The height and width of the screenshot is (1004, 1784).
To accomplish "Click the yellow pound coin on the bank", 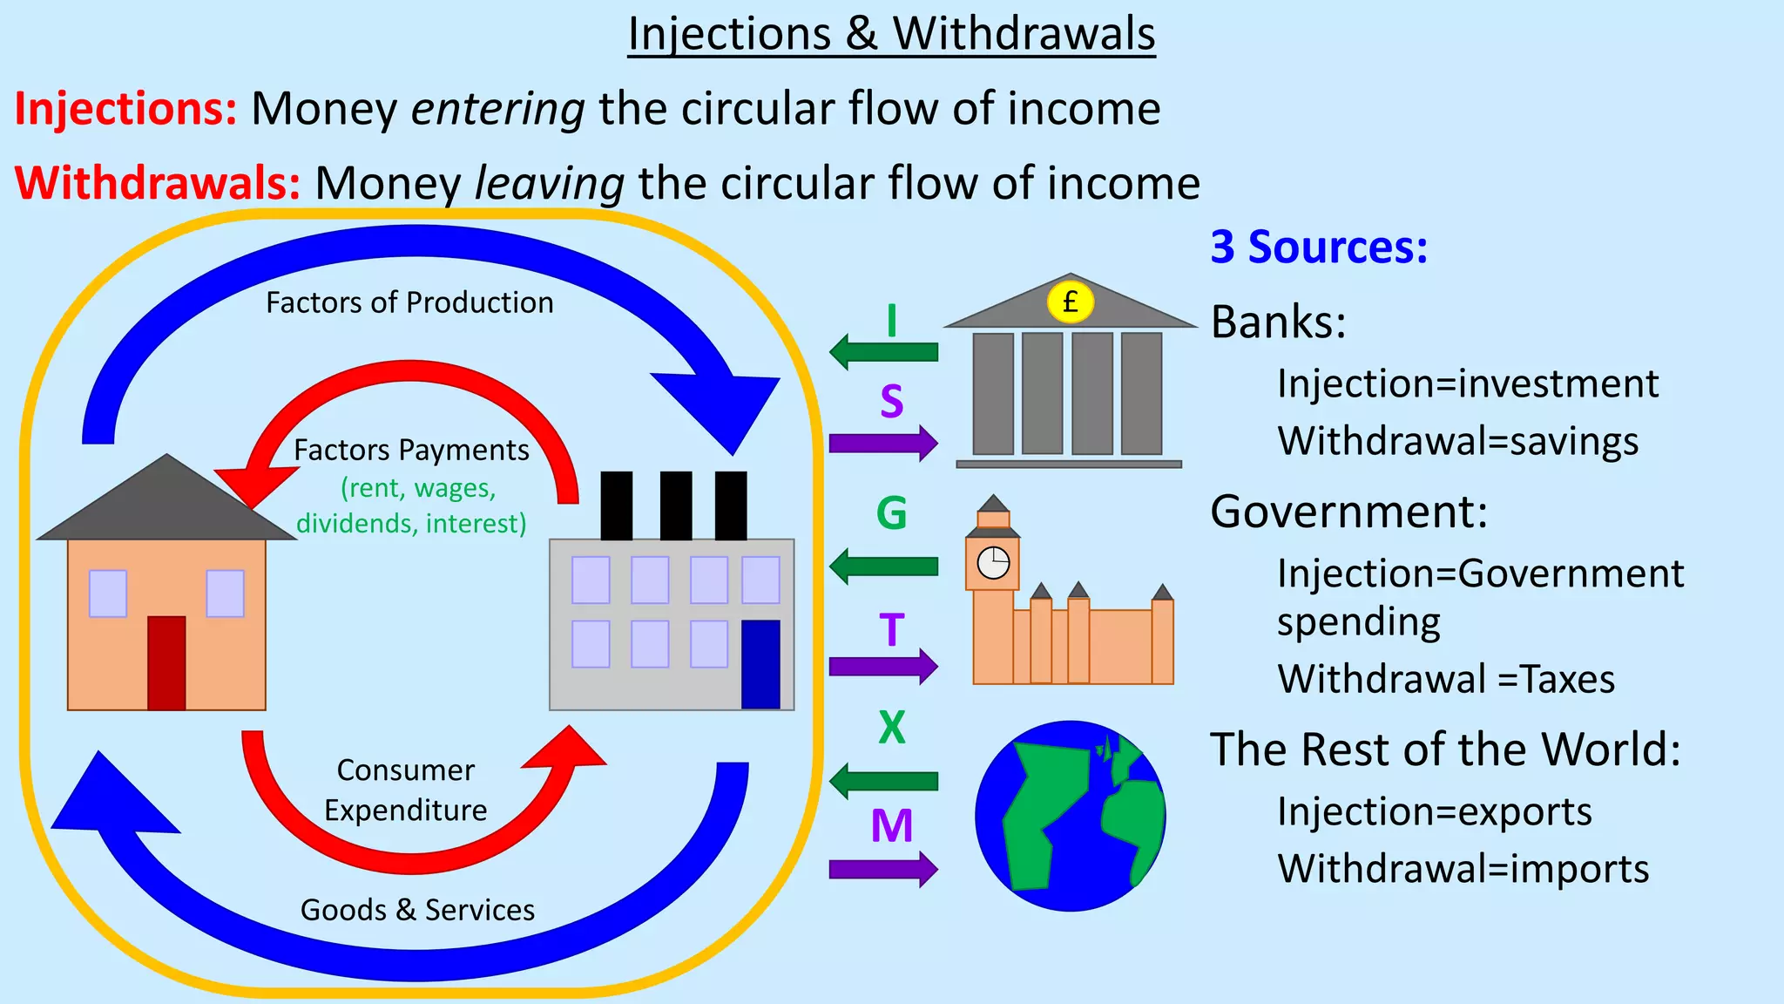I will [x=1071, y=302].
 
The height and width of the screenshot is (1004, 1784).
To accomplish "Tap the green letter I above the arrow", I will [x=891, y=322].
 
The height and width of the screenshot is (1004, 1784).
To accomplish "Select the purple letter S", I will [x=891, y=402].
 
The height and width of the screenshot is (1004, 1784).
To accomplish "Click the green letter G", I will [x=891, y=513].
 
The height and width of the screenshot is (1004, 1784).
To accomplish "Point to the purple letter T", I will [x=891, y=630].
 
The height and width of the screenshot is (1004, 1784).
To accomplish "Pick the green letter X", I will [x=891, y=727].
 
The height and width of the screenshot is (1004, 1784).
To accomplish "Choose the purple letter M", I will [x=891, y=826].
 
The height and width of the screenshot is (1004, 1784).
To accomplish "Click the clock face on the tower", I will [x=993, y=564].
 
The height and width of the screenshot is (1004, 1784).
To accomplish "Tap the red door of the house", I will [x=166, y=662].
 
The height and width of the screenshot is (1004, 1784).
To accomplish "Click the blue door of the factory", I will [x=760, y=664].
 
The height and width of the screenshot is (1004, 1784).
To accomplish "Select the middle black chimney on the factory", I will [x=676, y=505].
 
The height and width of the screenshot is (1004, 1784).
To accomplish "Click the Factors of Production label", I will [x=409, y=302].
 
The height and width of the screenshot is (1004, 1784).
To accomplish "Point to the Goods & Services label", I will [x=417, y=910].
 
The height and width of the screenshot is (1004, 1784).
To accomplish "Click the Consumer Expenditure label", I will [x=406, y=790].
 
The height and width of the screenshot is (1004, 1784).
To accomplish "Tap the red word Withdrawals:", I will [x=158, y=184].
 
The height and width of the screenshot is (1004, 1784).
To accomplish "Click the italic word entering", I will [x=498, y=110].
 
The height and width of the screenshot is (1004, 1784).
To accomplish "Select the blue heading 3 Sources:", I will [x=1319, y=248].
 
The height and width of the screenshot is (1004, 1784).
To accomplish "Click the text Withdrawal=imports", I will [x=1463, y=869].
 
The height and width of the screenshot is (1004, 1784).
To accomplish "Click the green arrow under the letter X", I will [x=884, y=781].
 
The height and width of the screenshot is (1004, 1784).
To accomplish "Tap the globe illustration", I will [x=1071, y=816].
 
